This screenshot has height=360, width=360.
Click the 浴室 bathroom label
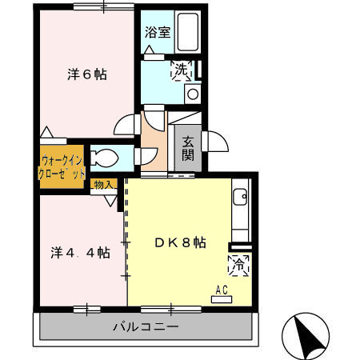tap(157, 33)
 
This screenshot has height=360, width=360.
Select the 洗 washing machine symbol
tap(182, 70)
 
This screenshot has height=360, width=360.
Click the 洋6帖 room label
tap(87, 75)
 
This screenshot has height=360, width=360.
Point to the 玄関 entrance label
tap(188, 147)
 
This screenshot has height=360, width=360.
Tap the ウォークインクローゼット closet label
tap(62, 166)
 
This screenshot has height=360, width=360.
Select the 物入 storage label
tap(104, 185)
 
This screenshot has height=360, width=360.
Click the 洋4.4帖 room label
tap(78, 253)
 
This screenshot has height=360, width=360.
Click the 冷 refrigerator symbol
tap(238, 263)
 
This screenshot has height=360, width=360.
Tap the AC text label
tap(222, 290)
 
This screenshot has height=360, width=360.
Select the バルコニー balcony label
tap(145, 326)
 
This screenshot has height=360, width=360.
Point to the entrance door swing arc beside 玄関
tap(213, 141)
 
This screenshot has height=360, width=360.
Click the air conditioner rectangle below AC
tap(222, 299)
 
